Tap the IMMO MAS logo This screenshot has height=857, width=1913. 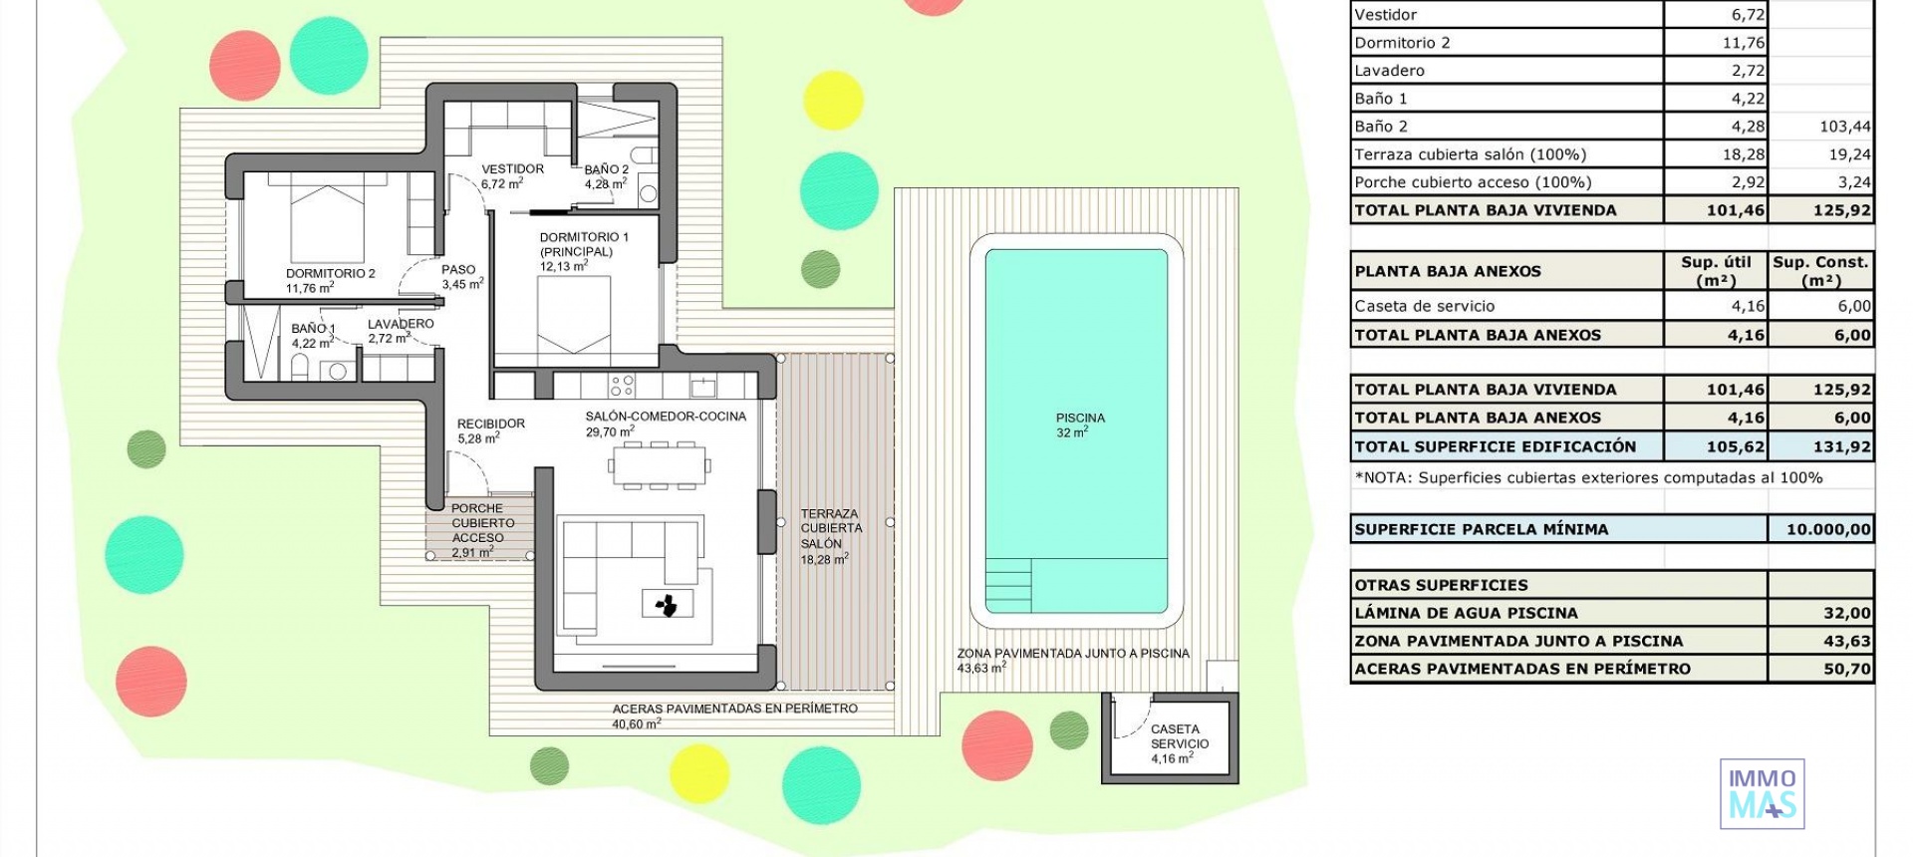pyautogui.click(x=1762, y=794)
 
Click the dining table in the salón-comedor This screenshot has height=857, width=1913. pyautogui.click(x=659, y=465)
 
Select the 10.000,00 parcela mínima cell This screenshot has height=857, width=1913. pyautogui.click(x=1820, y=529)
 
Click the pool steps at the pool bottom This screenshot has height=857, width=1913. pyautogui.click(x=1008, y=586)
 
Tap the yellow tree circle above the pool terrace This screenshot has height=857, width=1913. pyautogui.click(x=832, y=100)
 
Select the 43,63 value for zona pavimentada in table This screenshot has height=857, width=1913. pyautogui.click(x=1820, y=641)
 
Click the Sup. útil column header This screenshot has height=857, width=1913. pyautogui.click(x=1716, y=270)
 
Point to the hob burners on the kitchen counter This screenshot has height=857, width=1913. pyautogui.click(x=623, y=385)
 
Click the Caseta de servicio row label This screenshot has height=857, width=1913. pyautogui.click(x=1424, y=306)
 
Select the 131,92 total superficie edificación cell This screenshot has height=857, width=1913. pyautogui.click(x=1820, y=446)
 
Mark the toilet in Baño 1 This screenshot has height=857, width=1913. pyautogui.click(x=300, y=368)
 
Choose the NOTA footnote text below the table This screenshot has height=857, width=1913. pyautogui.click(x=1588, y=477)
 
